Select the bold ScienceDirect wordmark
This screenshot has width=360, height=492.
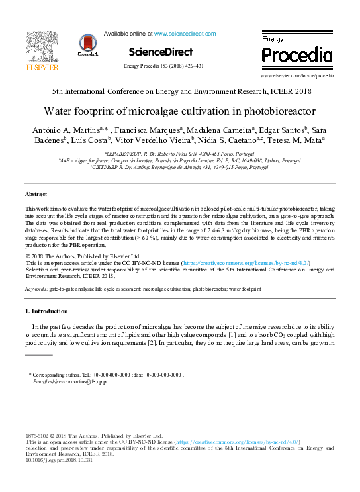(161, 52)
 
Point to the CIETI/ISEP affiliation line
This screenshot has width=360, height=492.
(179, 167)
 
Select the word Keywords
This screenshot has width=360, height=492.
(36, 289)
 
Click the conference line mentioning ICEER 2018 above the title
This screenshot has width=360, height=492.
(179, 91)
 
